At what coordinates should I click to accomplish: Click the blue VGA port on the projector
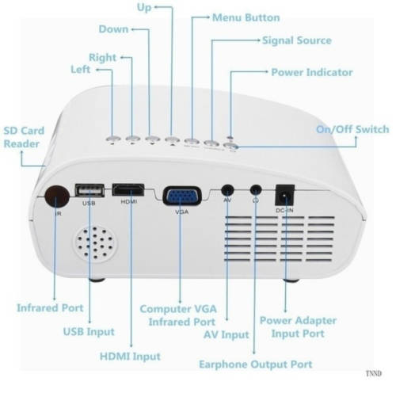click(x=182, y=196)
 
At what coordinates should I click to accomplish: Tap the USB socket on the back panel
click(x=89, y=190)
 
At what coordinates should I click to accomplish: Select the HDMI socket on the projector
click(x=128, y=190)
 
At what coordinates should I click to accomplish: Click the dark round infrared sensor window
click(x=57, y=196)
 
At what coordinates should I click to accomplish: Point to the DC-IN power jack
click(x=285, y=195)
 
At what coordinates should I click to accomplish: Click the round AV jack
click(x=227, y=190)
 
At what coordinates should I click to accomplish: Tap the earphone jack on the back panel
click(x=256, y=190)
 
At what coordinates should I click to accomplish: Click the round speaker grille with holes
click(x=95, y=244)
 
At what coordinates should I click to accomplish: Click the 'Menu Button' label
click(x=246, y=17)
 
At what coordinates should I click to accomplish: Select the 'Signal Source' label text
click(x=297, y=40)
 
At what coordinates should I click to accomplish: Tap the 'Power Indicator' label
click(x=312, y=72)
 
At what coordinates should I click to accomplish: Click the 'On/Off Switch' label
click(x=352, y=129)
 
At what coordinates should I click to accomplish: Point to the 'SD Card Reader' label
click(x=24, y=137)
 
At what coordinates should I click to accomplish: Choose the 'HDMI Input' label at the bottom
click(x=130, y=357)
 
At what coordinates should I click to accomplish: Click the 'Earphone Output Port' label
click(x=256, y=364)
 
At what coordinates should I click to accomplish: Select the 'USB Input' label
click(x=89, y=332)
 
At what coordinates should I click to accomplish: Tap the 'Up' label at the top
click(x=144, y=7)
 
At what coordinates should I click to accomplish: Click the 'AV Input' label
click(x=227, y=334)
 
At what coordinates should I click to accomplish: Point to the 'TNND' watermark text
click(x=374, y=373)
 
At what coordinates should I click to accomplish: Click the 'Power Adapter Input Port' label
click(x=298, y=327)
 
